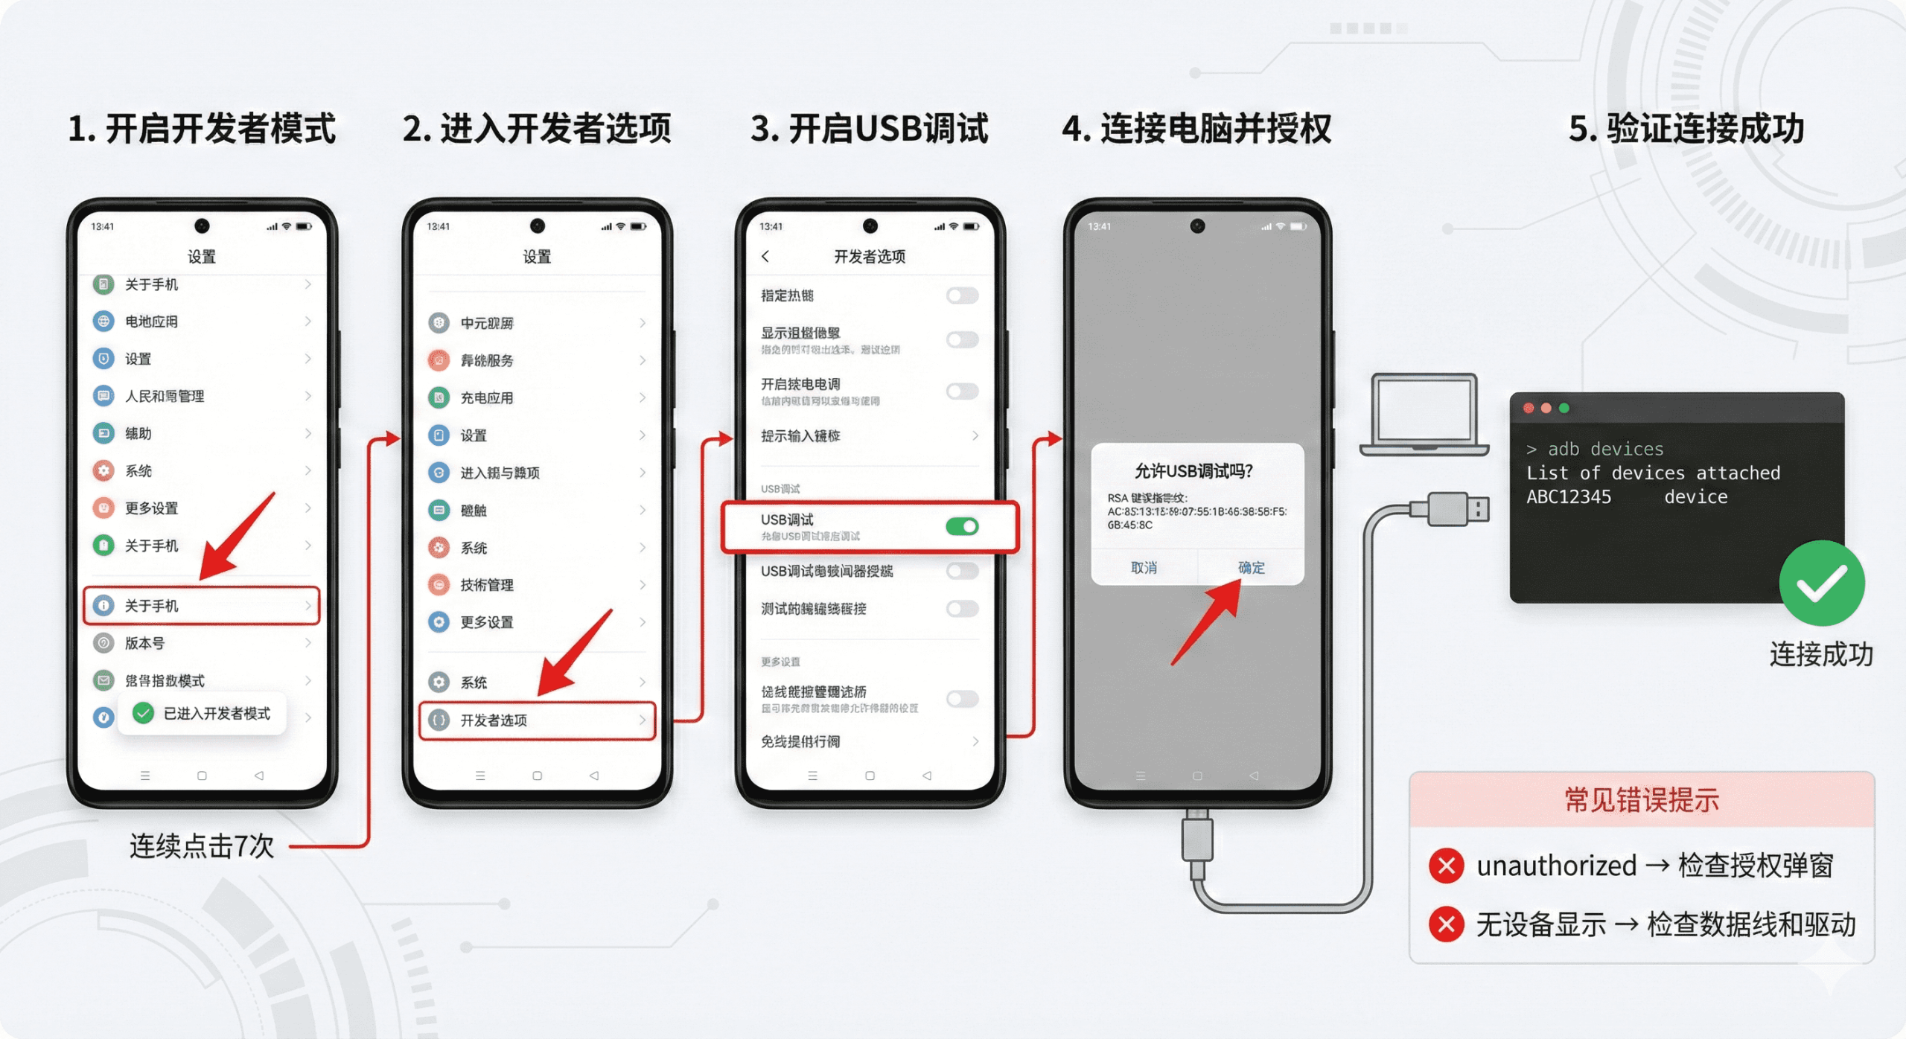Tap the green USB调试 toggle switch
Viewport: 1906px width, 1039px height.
(962, 527)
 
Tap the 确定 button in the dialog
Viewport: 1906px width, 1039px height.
(1251, 568)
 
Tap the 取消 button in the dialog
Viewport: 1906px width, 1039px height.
(1144, 568)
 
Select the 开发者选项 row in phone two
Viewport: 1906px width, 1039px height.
(537, 720)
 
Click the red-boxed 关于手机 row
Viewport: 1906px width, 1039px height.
(202, 606)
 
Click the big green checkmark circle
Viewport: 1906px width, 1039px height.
(1821, 584)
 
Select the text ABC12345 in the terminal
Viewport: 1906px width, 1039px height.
(1568, 497)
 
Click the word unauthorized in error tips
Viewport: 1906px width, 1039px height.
(1556, 866)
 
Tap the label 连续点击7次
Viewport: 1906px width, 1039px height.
(202, 846)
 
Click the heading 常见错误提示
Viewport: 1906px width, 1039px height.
(1642, 800)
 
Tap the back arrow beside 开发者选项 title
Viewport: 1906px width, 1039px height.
(765, 257)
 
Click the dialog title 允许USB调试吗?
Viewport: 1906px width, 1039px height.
(1193, 471)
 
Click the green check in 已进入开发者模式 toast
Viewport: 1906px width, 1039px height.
(143, 713)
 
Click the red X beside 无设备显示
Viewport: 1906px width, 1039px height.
(1447, 924)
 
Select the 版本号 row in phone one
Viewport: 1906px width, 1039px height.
(202, 643)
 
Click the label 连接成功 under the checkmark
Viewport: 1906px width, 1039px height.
(1821, 654)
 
